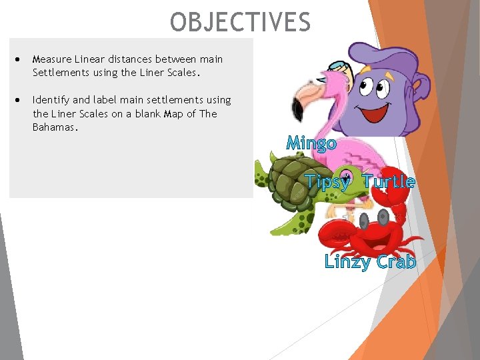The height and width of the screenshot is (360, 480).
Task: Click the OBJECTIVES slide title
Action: point(240,22)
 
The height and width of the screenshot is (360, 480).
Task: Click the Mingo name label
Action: point(311,143)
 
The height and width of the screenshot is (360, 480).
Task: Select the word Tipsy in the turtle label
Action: point(327,182)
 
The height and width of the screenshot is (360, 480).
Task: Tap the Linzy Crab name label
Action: point(370,262)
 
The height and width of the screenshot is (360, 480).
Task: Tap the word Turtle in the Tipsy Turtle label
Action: point(389,182)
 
